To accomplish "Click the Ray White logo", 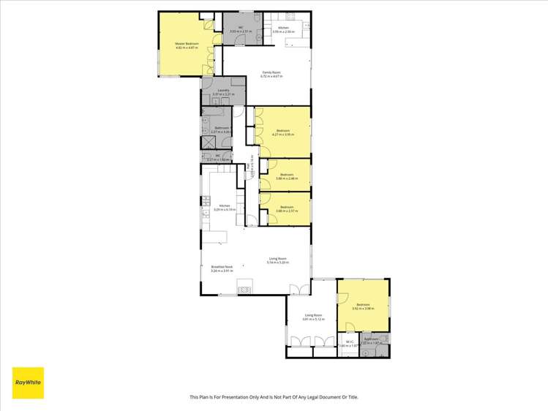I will click(x=28, y=382).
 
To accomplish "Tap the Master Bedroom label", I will click(x=186, y=45).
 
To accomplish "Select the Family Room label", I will click(x=272, y=72).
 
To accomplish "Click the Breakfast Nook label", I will click(x=222, y=268).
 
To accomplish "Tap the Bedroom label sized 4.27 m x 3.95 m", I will click(x=282, y=132).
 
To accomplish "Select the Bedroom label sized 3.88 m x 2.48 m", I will click(x=286, y=176).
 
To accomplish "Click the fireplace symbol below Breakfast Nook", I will click(x=244, y=287).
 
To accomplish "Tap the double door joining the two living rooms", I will click(x=294, y=289).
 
